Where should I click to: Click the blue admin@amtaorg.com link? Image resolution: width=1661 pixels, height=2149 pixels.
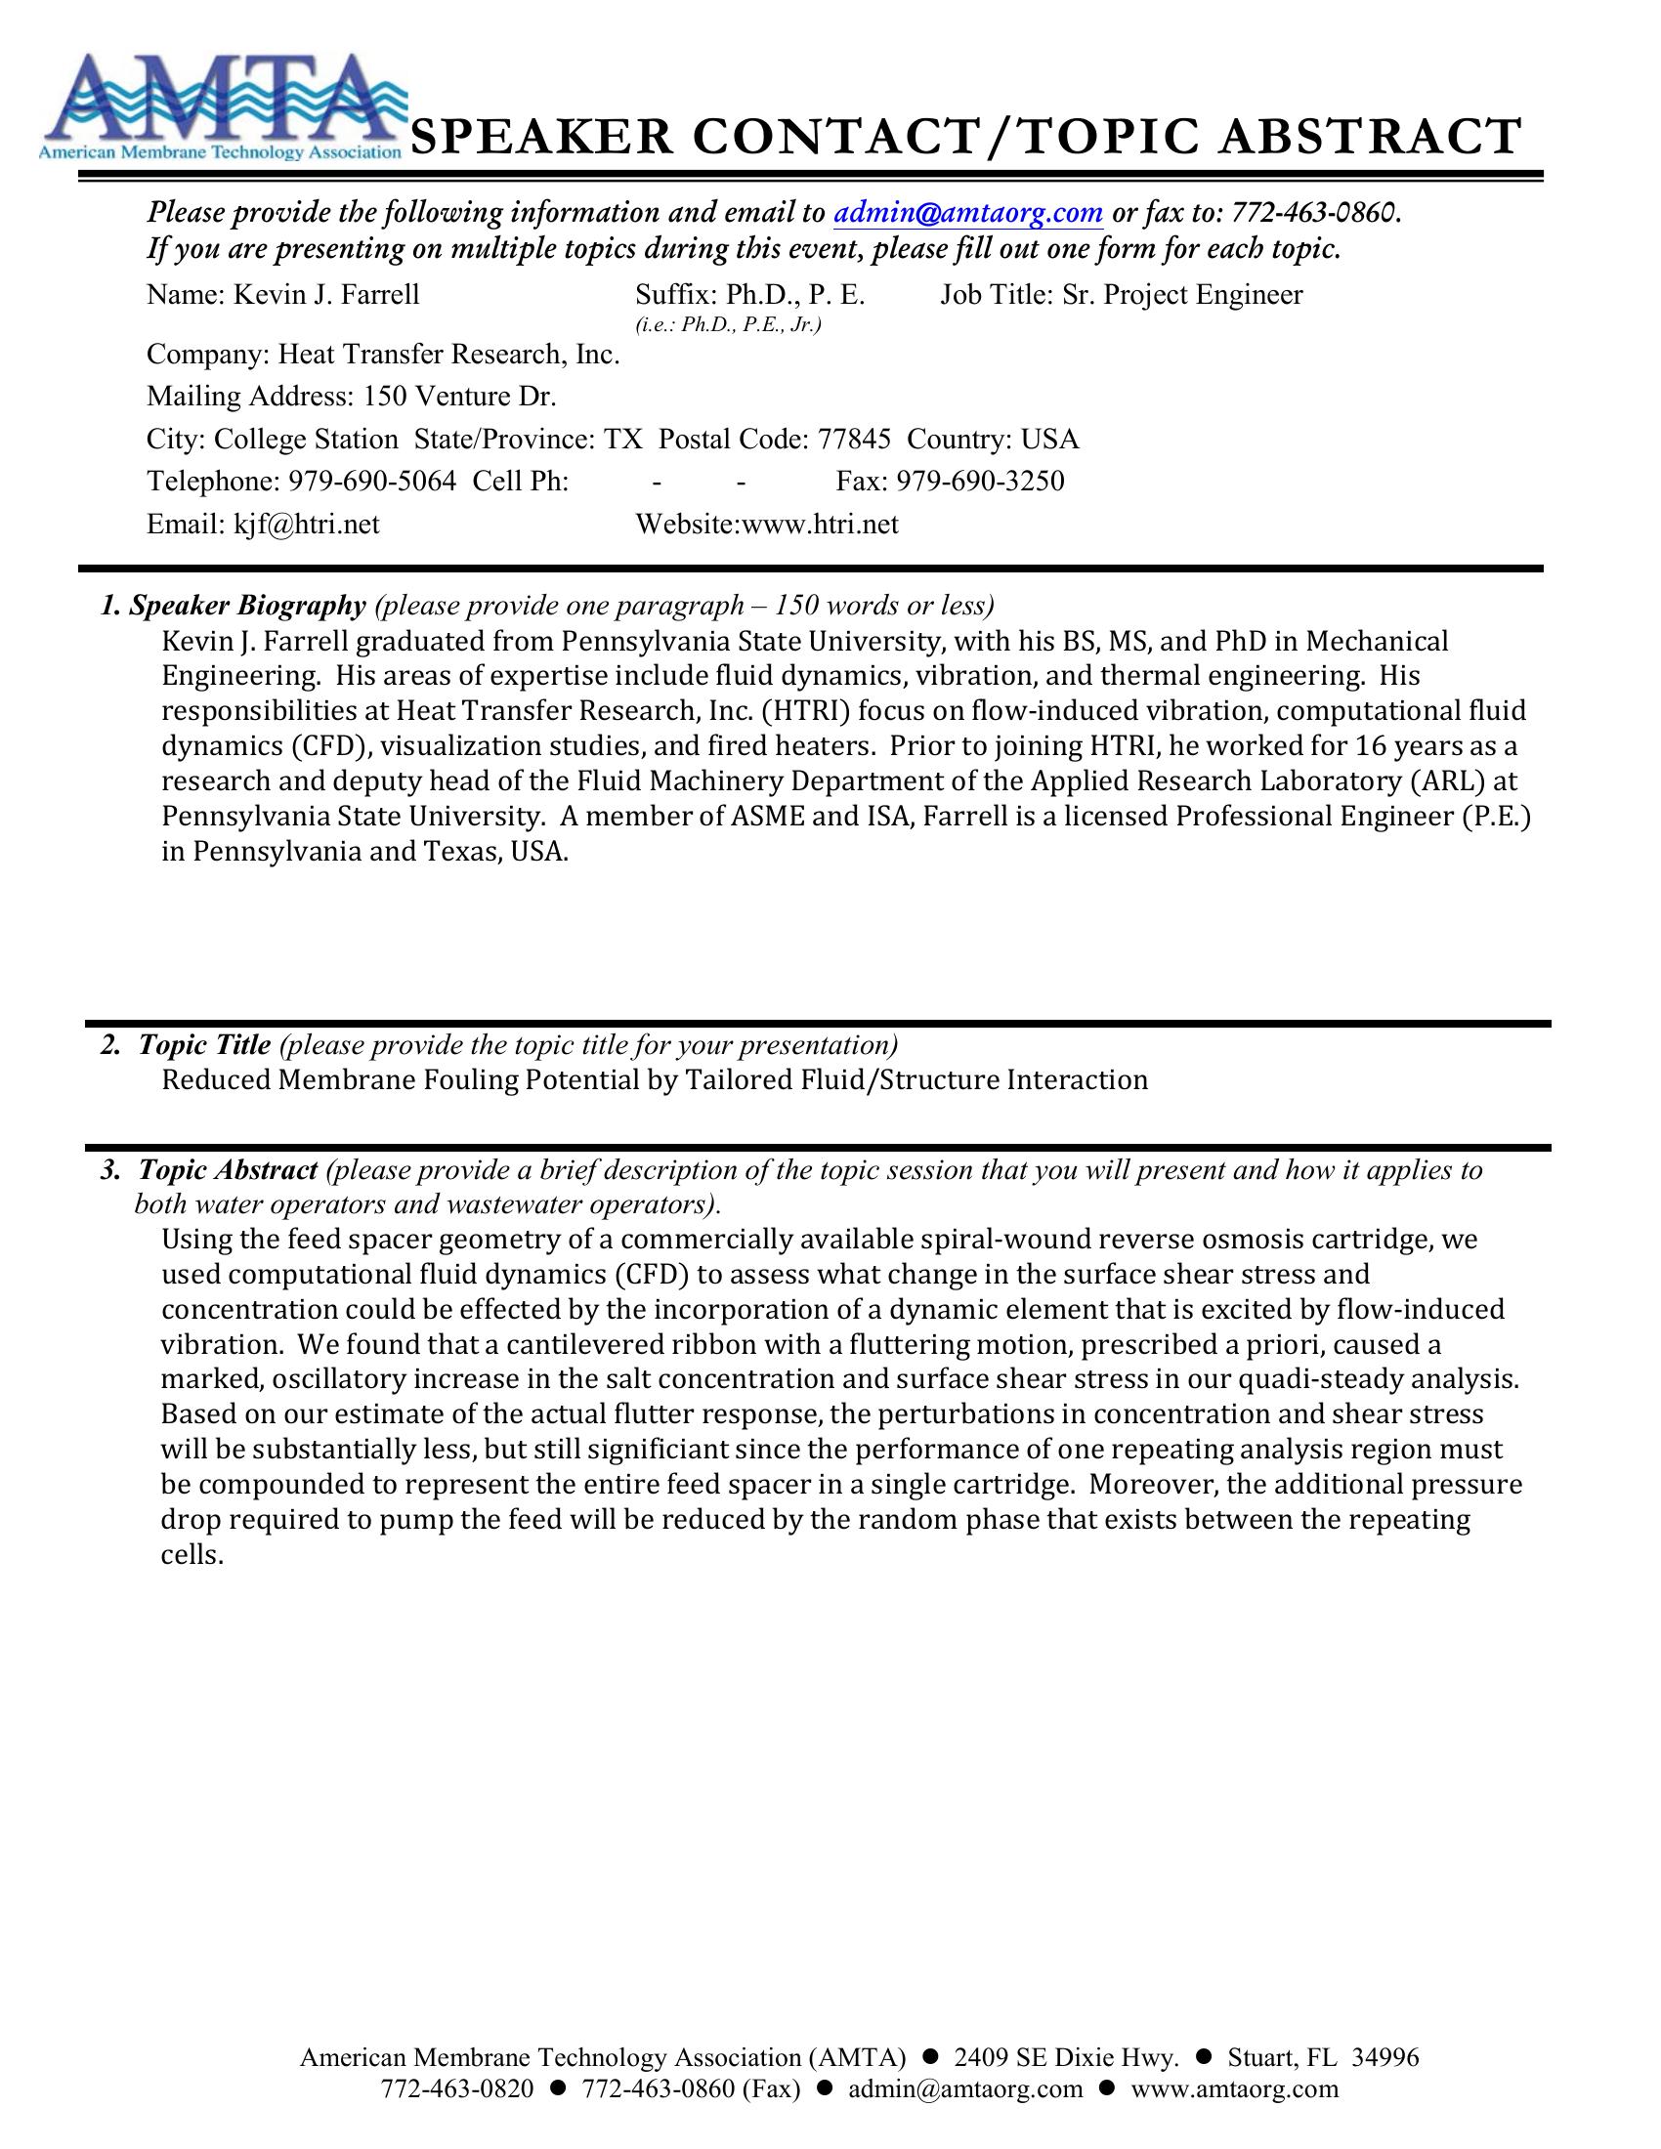pyautogui.click(x=967, y=213)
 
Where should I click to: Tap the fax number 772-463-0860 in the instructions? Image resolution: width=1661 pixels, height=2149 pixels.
pyautogui.click(x=1313, y=213)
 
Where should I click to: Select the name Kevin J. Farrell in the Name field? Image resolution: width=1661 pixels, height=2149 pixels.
pyautogui.click(x=325, y=295)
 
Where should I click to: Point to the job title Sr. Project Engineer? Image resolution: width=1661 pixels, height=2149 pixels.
pyautogui.click(x=1182, y=295)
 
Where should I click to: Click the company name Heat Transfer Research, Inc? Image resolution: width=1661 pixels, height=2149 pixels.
pyautogui.click(x=448, y=355)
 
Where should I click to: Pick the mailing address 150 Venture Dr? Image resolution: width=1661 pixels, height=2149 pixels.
pyautogui.click(x=459, y=397)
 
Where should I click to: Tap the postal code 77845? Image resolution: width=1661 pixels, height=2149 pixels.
pyautogui.click(x=854, y=439)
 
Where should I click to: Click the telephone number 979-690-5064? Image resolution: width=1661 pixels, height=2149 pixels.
pyautogui.click(x=372, y=482)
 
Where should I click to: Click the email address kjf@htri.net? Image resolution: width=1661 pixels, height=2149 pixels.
pyautogui.click(x=306, y=525)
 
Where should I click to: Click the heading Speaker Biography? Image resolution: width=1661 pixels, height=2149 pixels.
pyautogui.click(x=247, y=606)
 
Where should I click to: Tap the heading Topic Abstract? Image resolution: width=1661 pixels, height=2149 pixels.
pyautogui.click(x=228, y=1170)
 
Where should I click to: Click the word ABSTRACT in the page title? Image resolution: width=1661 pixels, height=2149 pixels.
pyautogui.click(x=1370, y=138)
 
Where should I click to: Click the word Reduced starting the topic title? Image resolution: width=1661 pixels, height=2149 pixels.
pyautogui.click(x=216, y=1080)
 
